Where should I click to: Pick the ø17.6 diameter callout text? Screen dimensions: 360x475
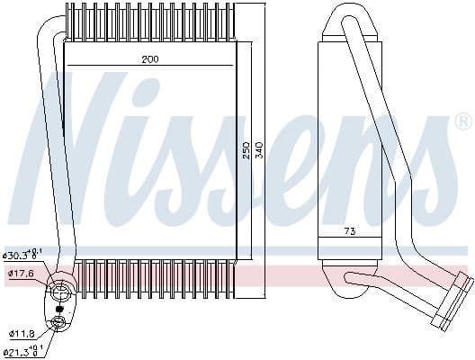point(21,274)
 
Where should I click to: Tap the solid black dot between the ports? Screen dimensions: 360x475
point(59,308)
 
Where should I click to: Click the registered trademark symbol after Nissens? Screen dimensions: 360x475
point(462,121)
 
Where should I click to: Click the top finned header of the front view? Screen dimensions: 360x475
point(150,24)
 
